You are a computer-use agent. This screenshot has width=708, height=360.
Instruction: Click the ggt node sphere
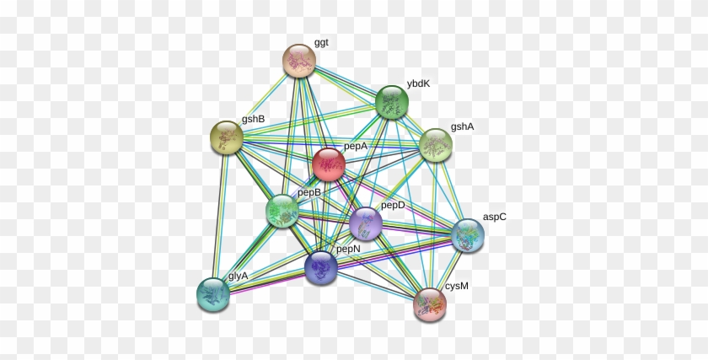[x=298, y=60]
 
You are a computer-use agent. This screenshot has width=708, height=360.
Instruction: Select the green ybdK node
[x=392, y=103]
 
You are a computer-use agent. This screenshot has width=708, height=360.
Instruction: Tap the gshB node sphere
[x=226, y=137]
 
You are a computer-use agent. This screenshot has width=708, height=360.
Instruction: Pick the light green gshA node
[x=436, y=145]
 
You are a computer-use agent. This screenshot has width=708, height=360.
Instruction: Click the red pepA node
[x=329, y=164]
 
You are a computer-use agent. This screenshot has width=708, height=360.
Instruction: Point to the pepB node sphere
[x=282, y=211]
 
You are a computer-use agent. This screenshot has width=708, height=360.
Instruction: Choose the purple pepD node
[x=365, y=223]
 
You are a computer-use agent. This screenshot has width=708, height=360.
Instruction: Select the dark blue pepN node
[x=321, y=267]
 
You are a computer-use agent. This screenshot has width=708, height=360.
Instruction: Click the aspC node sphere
[x=468, y=235]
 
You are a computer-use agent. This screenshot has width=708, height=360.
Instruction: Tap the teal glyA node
[x=213, y=293]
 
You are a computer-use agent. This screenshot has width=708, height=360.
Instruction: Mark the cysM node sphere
[x=430, y=304]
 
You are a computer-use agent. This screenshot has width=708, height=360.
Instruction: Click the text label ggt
[x=322, y=41]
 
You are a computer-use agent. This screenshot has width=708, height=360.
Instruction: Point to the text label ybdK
[x=418, y=83]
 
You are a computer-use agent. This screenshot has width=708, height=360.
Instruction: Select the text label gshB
[x=253, y=119]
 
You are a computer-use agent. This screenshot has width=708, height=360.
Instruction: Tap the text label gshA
[x=462, y=126]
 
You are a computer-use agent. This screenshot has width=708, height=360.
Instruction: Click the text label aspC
[x=494, y=217]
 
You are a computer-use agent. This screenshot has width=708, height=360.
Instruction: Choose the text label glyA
[x=239, y=276]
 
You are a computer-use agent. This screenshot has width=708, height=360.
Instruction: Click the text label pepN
[x=348, y=249]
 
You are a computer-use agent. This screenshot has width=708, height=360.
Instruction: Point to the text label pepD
[x=393, y=205]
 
